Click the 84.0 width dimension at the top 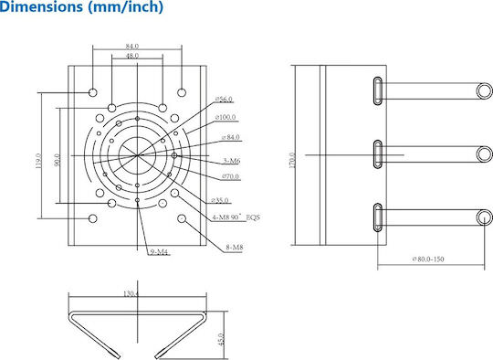(132, 47)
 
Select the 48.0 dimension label (132, 56)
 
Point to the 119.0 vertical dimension (38, 161)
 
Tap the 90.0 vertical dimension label (57, 160)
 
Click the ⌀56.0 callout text (224, 100)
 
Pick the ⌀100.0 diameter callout (226, 117)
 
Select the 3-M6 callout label (232, 161)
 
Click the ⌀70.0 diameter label (230, 176)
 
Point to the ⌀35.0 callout (220, 200)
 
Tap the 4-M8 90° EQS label (236, 217)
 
